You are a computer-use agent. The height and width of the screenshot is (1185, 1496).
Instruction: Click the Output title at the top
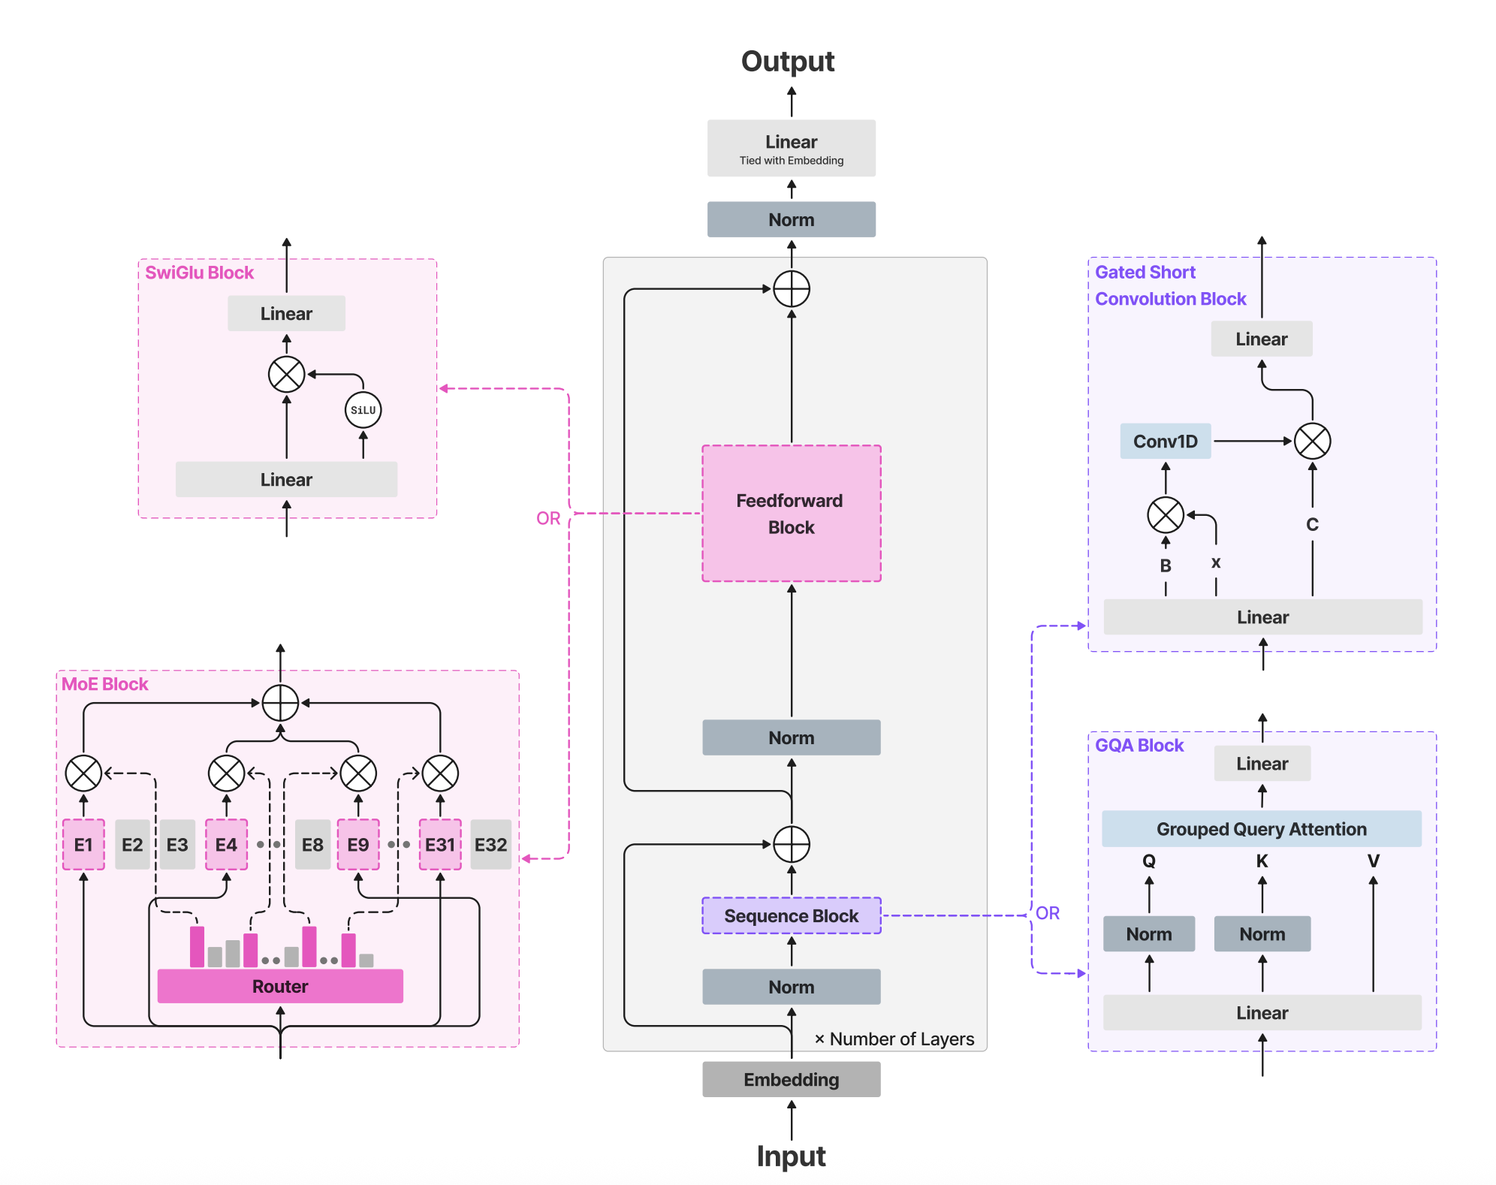[787, 62]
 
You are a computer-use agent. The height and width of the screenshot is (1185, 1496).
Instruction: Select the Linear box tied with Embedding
[791, 148]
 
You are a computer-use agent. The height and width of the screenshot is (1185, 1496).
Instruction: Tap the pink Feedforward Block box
[791, 514]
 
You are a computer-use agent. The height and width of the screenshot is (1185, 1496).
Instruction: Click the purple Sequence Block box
[791, 915]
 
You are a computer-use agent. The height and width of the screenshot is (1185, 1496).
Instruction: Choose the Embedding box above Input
[791, 1079]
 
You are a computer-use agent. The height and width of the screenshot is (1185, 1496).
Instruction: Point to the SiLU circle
[363, 410]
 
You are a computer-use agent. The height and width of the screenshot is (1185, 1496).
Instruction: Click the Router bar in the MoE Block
[280, 986]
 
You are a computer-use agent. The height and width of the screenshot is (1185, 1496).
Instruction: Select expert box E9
[358, 845]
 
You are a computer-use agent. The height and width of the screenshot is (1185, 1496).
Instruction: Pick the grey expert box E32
[490, 845]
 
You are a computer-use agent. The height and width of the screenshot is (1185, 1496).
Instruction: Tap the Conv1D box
[1165, 442]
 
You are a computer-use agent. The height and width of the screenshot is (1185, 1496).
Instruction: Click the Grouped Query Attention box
[1261, 829]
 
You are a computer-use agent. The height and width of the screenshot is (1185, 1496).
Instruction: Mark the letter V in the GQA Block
[1373, 861]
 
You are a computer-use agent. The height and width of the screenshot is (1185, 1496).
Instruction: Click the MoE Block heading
[105, 684]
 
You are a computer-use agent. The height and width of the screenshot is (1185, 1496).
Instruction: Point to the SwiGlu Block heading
[199, 273]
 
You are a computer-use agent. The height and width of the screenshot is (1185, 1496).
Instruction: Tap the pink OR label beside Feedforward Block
[548, 518]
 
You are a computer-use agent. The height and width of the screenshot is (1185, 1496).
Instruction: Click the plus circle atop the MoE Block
[280, 703]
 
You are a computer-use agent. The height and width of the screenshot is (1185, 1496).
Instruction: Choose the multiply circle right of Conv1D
[1312, 442]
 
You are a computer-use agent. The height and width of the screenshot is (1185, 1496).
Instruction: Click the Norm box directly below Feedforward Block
[791, 737]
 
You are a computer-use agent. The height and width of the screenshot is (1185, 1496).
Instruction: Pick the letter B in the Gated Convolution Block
[1165, 565]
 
